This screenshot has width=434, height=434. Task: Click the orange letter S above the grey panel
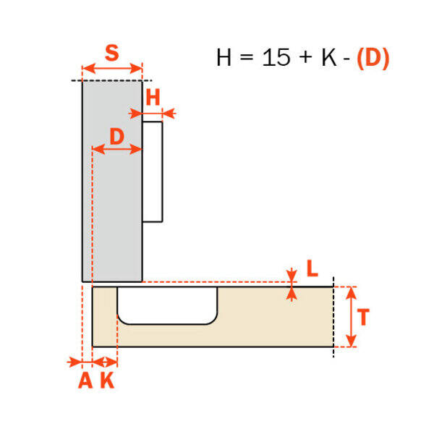[x=112, y=53]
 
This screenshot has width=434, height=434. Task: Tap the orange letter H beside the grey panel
[x=153, y=97]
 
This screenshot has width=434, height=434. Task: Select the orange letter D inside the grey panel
[x=116, y=136]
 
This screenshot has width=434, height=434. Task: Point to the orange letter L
[x=312, y=268]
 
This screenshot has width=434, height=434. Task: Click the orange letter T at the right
[x=363, y=317]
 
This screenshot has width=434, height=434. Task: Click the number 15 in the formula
[x=276, y=57]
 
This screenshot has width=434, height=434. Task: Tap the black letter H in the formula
[x=224, y=57]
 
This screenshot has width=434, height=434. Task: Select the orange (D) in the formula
[x=373, y=58]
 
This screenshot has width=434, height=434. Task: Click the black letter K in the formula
[x=329, y=57]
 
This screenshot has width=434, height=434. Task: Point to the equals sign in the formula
[x=247, y=58]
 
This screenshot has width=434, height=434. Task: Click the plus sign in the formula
[x=305, y=58]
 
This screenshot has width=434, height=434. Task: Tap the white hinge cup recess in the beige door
[x=167, y=305]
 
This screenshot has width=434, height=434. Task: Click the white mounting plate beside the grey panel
[x=153, y=171]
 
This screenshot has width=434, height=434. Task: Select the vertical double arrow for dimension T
[x=351, y=317]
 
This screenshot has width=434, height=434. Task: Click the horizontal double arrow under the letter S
[x=112, y=69]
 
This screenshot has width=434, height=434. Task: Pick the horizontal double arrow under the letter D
[x=116, y=149]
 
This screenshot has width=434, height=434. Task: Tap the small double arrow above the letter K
[x=105, y=362]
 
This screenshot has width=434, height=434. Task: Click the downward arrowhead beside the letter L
[x=292, y=275]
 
